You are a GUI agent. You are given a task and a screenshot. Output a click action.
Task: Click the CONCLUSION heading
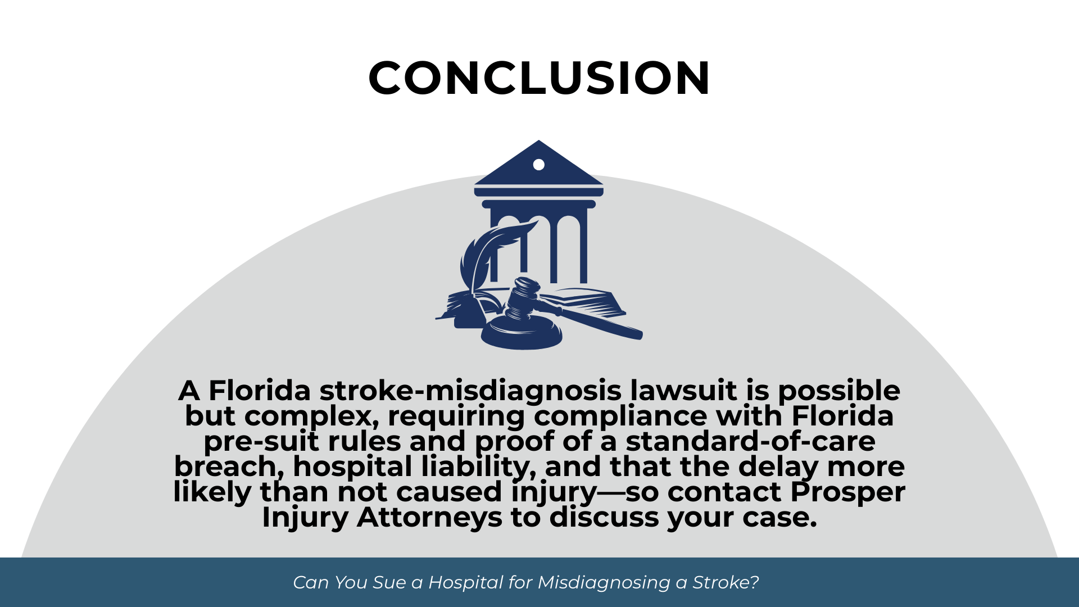click(539, 78)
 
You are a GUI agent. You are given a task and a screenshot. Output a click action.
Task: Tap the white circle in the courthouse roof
click(538, 165)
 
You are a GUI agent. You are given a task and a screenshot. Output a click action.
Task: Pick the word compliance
click(620, 416)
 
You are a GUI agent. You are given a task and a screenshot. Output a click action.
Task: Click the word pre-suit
click(261, 442)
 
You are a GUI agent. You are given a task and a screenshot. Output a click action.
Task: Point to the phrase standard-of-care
click(750, 441)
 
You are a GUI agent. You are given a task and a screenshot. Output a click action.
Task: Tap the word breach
click(225, 466)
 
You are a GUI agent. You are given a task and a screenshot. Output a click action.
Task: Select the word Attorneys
click(429, 518)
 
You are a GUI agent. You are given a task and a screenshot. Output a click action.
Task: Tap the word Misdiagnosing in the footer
click(604, 583)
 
